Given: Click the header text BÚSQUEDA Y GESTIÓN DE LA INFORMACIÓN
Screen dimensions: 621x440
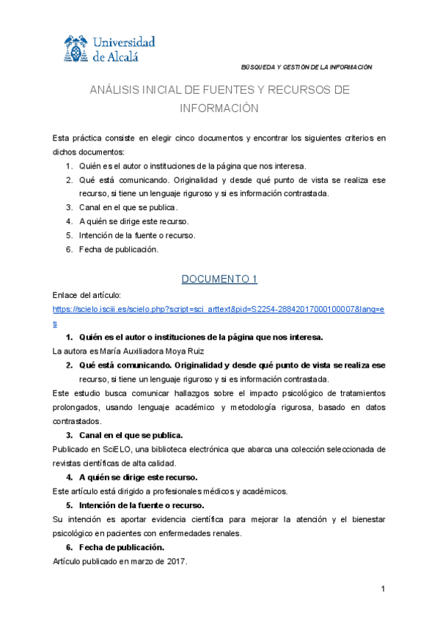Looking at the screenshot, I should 307,67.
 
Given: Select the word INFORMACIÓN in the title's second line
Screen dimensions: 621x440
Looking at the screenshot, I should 220,108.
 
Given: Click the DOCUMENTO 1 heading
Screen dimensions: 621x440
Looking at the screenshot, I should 219,279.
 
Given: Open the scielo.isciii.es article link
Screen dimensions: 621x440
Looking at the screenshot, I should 219,310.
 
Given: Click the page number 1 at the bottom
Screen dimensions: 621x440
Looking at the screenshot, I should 383,590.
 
